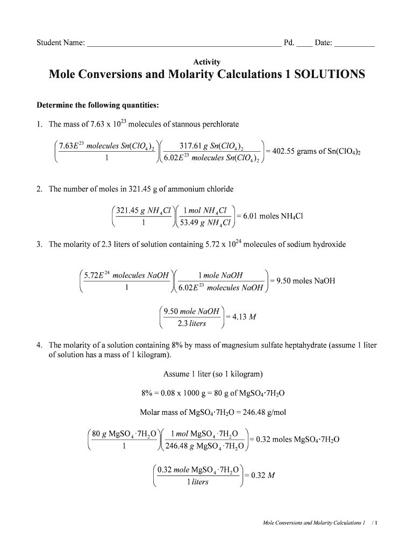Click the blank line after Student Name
(183, 45)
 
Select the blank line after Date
(354, 45)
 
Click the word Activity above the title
(207, 62)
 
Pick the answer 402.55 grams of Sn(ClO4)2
(315, 152)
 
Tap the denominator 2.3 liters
(191, 324)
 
